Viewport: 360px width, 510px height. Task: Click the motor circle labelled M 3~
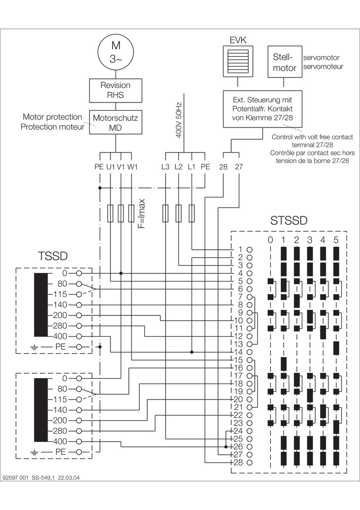coord(116,52)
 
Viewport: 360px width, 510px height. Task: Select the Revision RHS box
coord(116,90)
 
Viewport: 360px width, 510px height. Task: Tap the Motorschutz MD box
coord(116,122)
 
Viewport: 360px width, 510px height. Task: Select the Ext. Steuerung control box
coord(263,110)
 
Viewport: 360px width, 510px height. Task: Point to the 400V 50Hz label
coord(179,122)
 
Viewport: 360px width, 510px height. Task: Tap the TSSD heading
coord(52,256)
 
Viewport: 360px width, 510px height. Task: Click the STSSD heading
coord(289,221)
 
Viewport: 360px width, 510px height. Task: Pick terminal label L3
coord(165,167)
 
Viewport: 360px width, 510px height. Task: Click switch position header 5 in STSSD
coord(336,240)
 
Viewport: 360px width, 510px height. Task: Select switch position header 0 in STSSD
coord(270,240)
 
